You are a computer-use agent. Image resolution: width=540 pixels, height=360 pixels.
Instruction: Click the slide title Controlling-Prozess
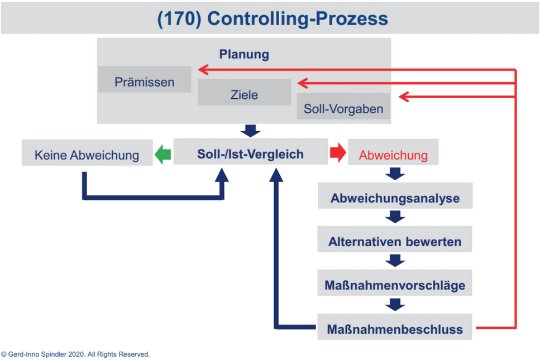point(273,18)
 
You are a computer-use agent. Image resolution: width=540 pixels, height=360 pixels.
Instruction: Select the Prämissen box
point(145,82)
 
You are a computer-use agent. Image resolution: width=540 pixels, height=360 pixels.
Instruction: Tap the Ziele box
point(244,94)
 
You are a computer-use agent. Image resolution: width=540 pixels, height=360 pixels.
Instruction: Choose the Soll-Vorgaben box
point(343,108)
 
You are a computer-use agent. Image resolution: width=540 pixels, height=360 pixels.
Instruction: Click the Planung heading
point(244,54)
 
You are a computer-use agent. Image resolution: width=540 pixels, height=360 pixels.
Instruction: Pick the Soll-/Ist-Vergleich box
point(250,154)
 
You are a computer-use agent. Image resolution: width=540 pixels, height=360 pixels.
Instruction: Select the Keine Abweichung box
point(87,155)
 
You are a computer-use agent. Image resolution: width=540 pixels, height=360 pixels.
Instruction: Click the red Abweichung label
point(393,155)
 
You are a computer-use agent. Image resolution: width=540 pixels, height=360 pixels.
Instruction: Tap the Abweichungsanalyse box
point(395,198)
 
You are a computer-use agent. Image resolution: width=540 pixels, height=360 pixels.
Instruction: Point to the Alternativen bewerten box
point(395,242)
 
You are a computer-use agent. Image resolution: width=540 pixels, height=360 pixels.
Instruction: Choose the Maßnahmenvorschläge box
point(395,285)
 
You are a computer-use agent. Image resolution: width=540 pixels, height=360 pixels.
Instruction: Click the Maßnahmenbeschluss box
point(395,329)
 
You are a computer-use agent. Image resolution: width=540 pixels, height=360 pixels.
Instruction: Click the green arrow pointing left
point(163,154)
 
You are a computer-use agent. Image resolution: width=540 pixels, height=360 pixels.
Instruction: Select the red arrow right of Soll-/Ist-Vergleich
point(338,153)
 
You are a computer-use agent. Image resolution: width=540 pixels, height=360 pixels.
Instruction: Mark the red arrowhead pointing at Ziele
point(303,83)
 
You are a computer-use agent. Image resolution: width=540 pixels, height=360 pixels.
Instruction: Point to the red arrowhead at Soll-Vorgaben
point(403,97)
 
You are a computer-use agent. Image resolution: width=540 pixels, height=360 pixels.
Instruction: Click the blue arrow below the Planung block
point(250,131)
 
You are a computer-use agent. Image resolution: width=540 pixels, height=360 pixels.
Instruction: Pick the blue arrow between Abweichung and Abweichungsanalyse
point(395,174)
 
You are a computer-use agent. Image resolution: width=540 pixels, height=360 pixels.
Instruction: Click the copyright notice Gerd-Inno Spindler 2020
point(75,354)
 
